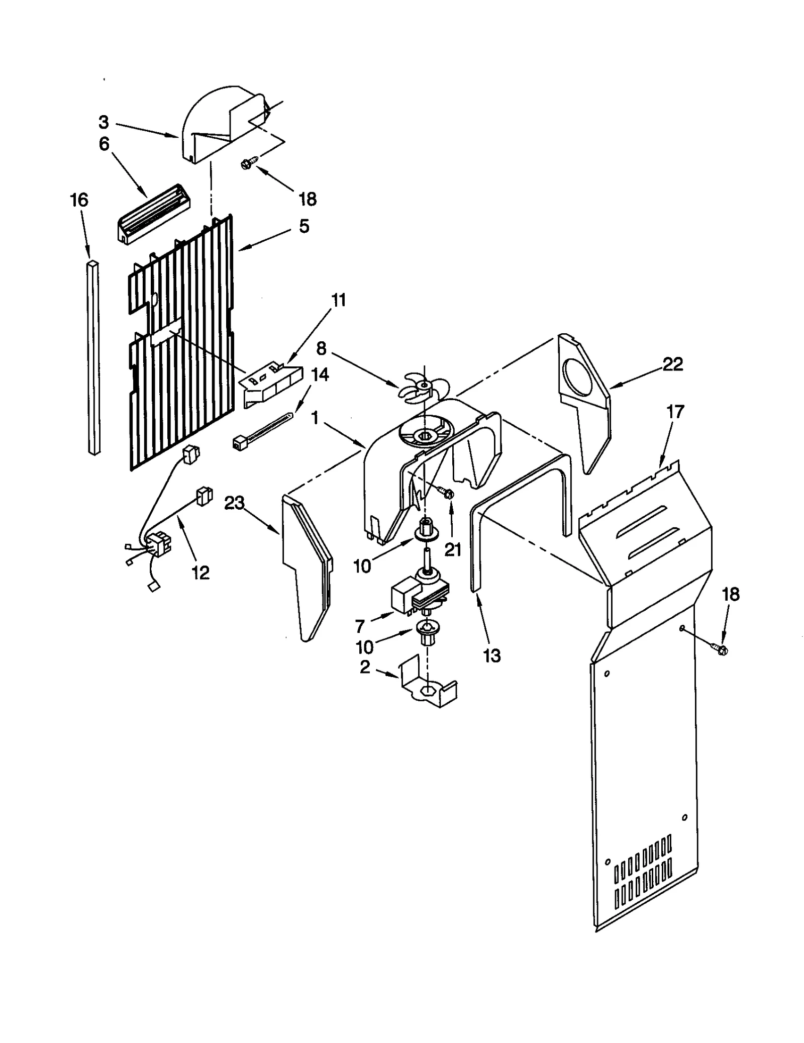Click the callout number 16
(x=79, y=200)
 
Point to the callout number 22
(x=672, y=364)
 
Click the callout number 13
(x=491, y=655)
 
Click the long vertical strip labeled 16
(x=93, y=357)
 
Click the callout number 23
(x=234, y=502)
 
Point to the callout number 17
(x=675, y=412)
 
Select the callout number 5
(x=304, y=226)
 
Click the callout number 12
(x=200, y=573)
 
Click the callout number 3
(x=104, y=122)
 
